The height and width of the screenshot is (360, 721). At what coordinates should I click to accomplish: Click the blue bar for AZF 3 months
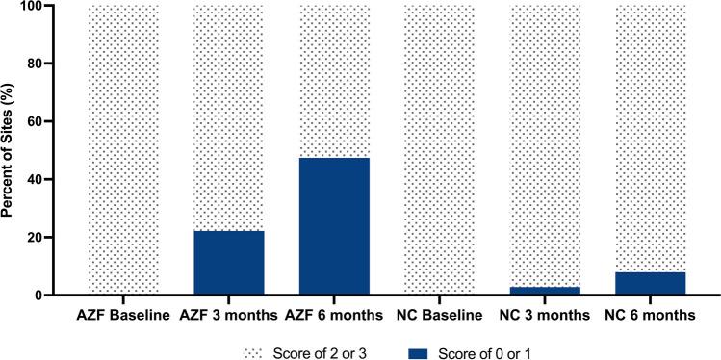point(229,263)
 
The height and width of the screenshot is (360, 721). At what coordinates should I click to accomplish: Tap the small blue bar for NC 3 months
point(545,291)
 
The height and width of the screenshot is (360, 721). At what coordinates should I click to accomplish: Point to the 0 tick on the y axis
point(63,296)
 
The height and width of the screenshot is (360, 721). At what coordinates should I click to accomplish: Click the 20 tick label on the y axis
point(59,238)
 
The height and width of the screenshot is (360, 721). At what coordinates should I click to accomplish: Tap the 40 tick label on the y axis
point(59,180)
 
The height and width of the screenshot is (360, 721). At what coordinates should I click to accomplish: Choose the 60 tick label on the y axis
point(59,122)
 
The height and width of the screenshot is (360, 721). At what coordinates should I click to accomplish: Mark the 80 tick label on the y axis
point(59,64)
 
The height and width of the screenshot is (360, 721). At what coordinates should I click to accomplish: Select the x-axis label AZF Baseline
point(123,313)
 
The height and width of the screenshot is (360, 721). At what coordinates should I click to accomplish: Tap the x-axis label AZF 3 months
point(229,313)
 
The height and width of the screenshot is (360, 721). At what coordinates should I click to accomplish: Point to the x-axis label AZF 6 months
point(334,313)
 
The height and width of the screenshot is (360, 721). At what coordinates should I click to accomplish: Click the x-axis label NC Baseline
point(440,313)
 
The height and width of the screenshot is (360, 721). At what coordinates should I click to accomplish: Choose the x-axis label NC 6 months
point(651,313)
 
